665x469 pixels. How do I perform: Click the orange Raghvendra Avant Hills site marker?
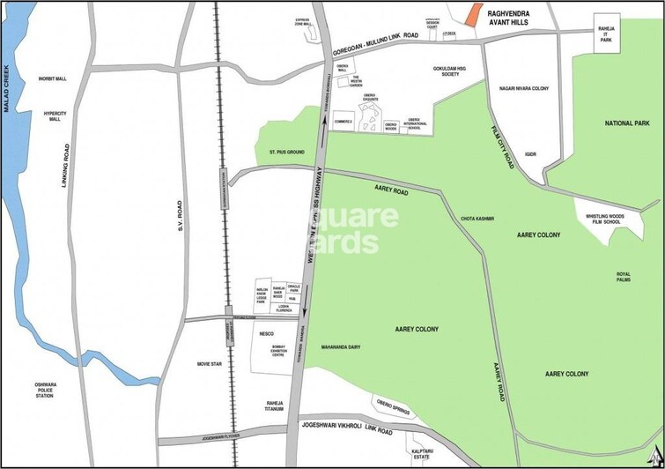[x=474, y=14]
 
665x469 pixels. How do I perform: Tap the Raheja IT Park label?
[x=605, y=33]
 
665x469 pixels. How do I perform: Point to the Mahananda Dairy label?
[x=343, y=346]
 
